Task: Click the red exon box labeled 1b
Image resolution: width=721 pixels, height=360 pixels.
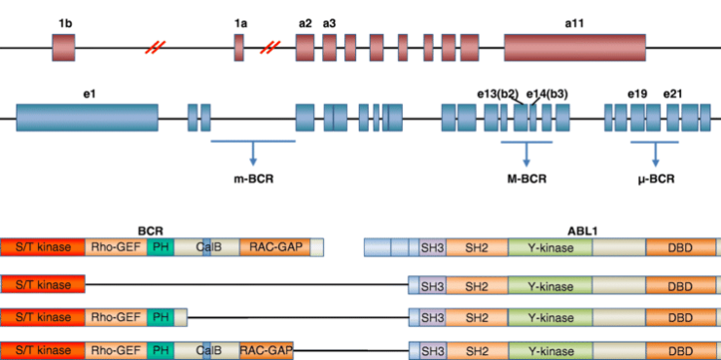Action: (x=63, y=48)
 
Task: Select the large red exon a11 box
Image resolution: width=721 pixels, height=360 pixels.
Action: (x=574, y=48)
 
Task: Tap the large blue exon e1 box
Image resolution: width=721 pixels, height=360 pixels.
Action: (x=87, y=118)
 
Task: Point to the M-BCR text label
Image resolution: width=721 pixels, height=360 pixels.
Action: (x=526, y=178)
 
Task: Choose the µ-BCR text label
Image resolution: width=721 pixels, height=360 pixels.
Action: (x=656, y=178)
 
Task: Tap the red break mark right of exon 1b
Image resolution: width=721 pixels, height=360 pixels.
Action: (x=154, y=48)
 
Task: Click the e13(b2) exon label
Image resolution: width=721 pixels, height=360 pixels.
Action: (x=497, y=92)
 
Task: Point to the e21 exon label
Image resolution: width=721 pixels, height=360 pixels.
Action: (x=672, y=92)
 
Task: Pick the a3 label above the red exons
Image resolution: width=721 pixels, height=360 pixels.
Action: (x=330, y=22)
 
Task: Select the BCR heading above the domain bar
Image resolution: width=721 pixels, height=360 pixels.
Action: (x=151, y=233)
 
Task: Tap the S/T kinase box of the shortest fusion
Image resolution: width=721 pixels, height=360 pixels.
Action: (x=43, y=284)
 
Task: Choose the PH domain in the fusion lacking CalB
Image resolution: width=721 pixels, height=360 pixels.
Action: (x=161, y=317)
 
